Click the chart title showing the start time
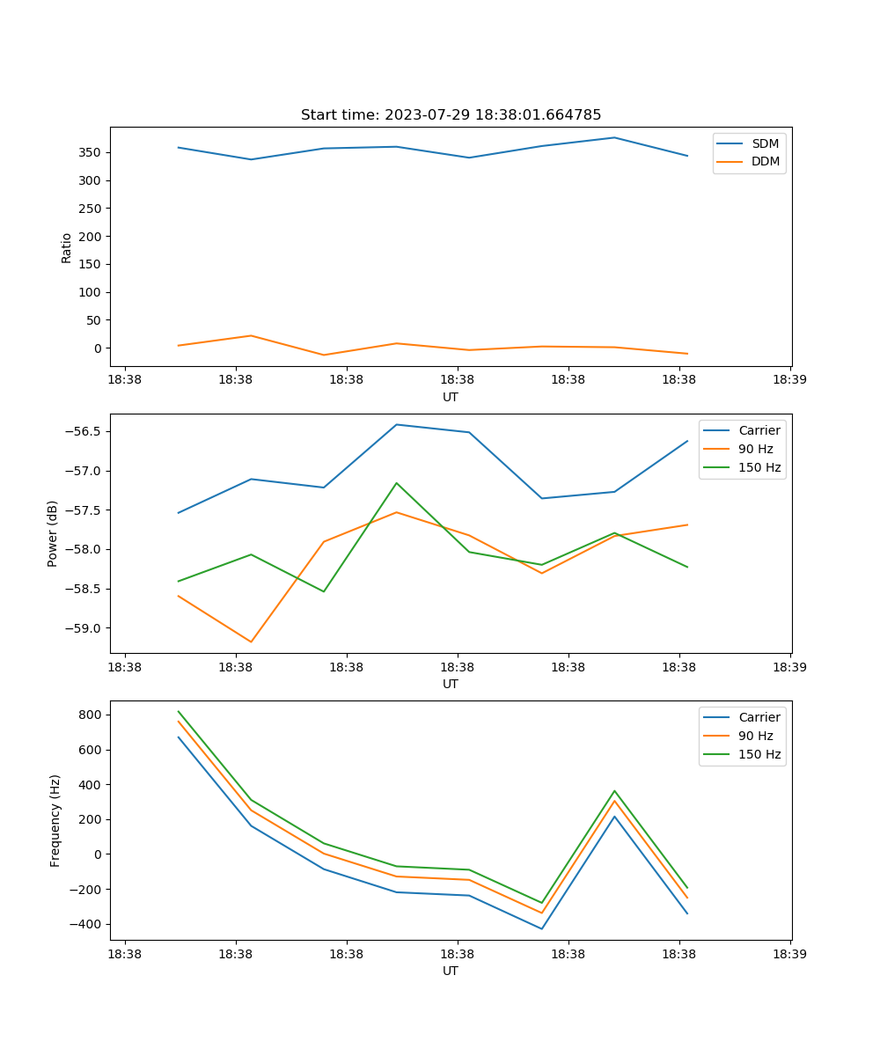451,115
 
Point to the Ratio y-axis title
67,247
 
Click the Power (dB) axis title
53,533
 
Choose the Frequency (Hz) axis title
55,820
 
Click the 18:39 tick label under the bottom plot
789,952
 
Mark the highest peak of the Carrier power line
397,424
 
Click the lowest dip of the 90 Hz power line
251,642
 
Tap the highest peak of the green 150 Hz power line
397,483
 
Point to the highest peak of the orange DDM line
251,335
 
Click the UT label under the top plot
451,397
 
